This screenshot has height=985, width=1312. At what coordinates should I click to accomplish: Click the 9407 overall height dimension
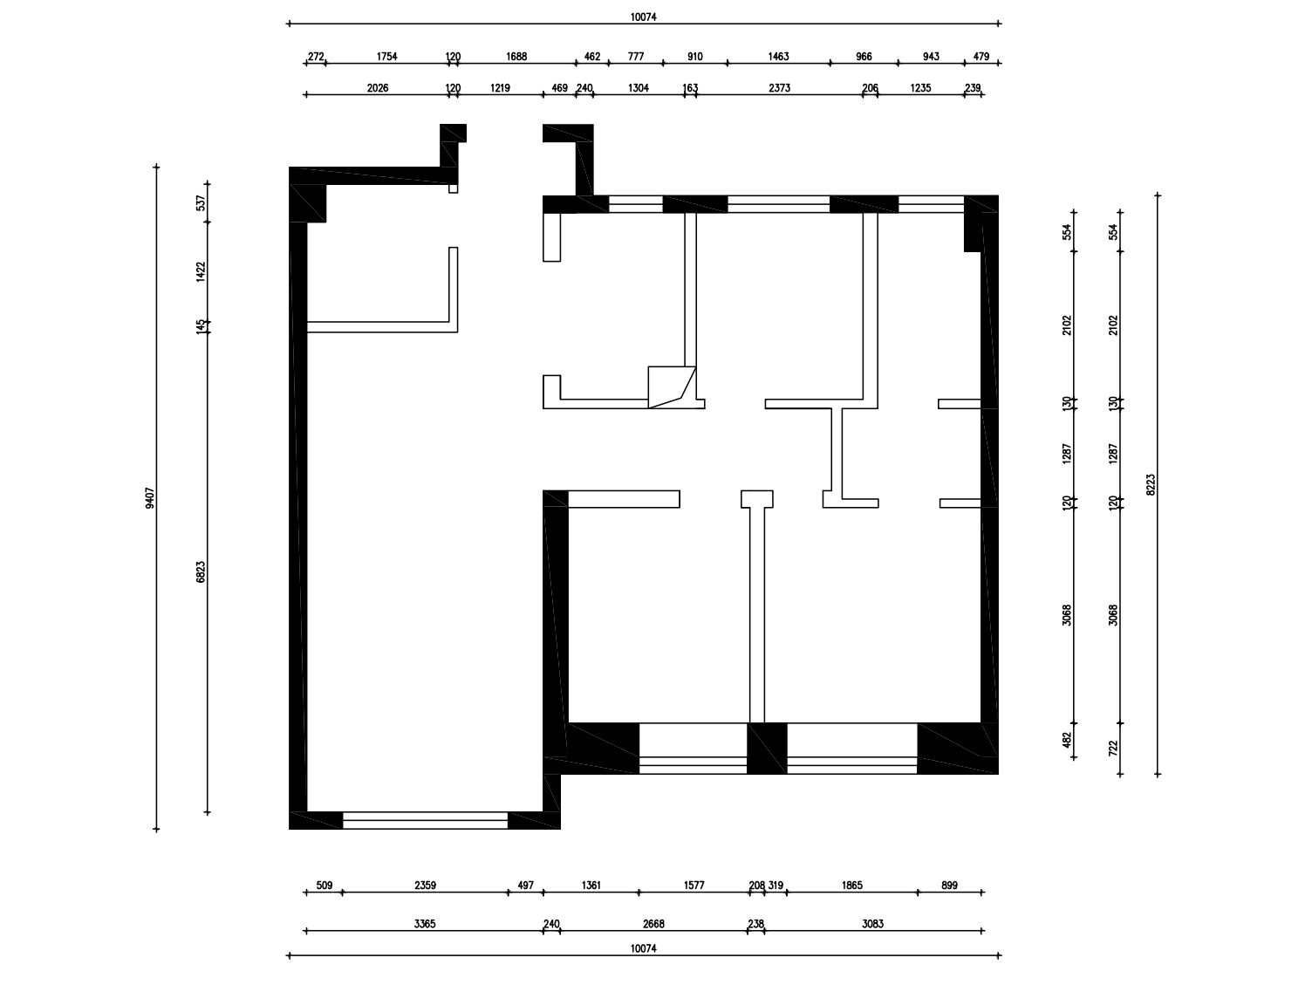click(150, 498)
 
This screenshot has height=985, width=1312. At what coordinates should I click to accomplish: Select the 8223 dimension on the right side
click(1151, 485)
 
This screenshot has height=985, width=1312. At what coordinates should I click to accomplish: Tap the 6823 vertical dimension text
click(201, 572)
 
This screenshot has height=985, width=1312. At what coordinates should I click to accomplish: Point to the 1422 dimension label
click(201, 272)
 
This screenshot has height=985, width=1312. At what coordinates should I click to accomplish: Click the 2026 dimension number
click(377, 88)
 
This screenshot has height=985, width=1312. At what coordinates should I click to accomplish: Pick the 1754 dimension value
click(386, 57)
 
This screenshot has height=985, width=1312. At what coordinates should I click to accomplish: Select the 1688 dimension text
click(516, 57)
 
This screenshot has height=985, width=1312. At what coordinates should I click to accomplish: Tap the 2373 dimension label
click(779, 88)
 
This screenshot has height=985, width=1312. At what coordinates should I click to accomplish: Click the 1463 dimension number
click(778, 57)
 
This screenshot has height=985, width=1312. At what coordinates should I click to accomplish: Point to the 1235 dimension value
click(920, 88)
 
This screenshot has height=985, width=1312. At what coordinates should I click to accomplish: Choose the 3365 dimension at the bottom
click(425, 923)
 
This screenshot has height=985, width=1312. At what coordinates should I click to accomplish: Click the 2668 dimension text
click(653, 923)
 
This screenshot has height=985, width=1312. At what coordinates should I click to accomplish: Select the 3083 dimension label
click(872, 923)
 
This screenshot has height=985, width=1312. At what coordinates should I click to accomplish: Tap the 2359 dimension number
click(425, 886)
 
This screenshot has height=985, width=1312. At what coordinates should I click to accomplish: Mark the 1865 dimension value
click(851, 886)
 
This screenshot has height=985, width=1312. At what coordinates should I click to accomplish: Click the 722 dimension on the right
click(1113, 749)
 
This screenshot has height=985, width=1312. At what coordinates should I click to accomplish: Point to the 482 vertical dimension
click(1067, 741)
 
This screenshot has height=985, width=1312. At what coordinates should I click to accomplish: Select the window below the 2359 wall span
click(425, 820)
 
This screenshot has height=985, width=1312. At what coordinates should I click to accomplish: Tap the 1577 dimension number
click(694, 886)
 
